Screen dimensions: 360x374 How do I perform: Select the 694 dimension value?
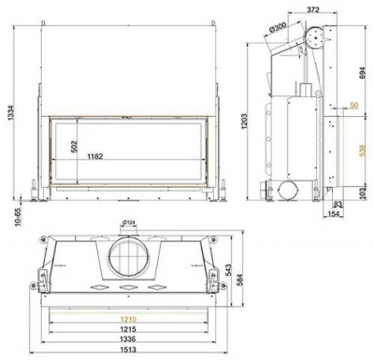(x=363, y=71)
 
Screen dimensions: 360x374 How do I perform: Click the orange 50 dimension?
(x=353, y=105)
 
